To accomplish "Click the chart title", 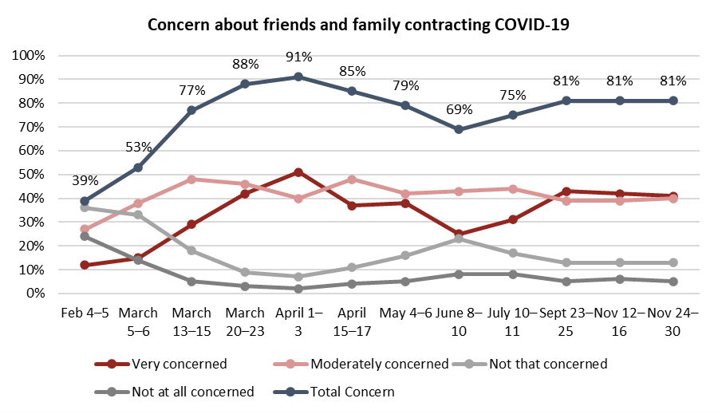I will tap(358, 25).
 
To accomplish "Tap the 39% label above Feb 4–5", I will tap(85, 181).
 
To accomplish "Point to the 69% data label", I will tap(460, 109).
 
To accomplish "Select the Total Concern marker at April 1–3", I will tap(298, 77).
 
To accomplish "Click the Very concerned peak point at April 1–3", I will tap(298, 172).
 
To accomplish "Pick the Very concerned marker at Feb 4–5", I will tap(85, 265).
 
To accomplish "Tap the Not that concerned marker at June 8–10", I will tap(460, 239).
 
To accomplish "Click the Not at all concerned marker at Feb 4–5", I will tap(85, 236).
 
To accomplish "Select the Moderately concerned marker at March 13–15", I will tap(191, 179).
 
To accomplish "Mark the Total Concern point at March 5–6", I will tap(138, 168).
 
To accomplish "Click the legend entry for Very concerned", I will tap(162, 364).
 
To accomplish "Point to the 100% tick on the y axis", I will tap(30, 56).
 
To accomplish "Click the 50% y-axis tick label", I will tap(33, 175).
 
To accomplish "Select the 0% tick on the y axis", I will tap(37, 294).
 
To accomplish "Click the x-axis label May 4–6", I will tap(406, 313).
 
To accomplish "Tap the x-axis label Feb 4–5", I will tap(85, 313).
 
